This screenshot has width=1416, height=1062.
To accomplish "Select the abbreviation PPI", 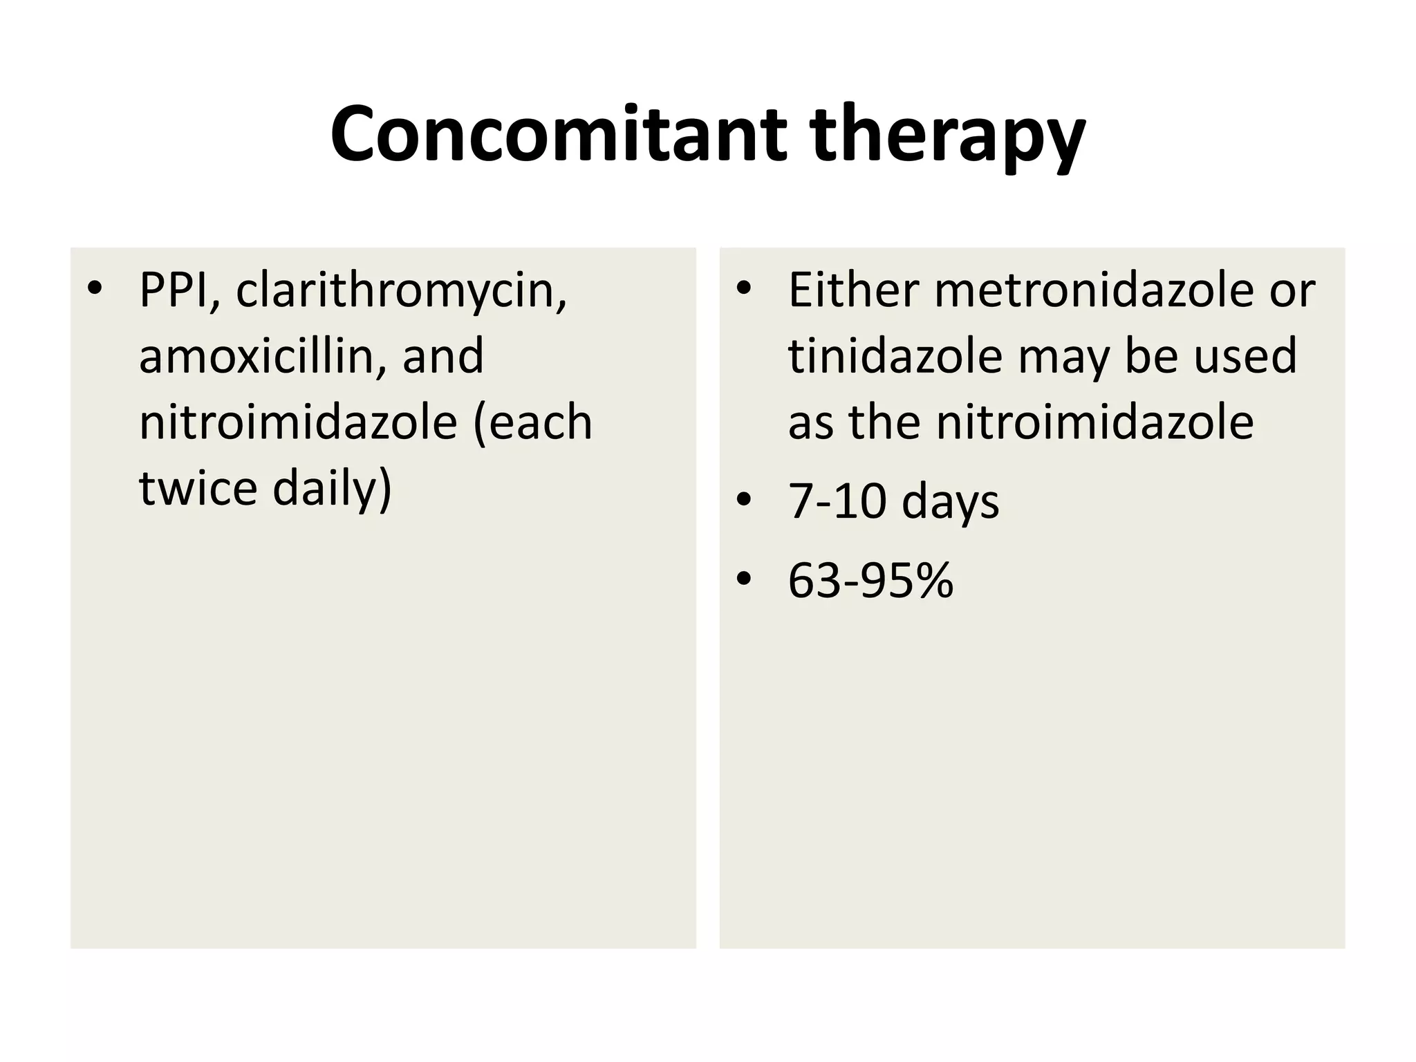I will (180, 290).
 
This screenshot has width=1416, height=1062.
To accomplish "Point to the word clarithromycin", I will (401, 290).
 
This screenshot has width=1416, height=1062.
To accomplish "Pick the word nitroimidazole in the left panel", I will (298, 422).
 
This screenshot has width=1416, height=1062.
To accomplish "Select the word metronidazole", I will (1093, 290).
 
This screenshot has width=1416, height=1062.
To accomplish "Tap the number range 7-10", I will (837, 501).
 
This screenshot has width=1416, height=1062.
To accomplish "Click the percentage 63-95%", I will (870, 580).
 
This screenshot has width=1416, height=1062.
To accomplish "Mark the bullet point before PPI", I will (95, 288).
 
